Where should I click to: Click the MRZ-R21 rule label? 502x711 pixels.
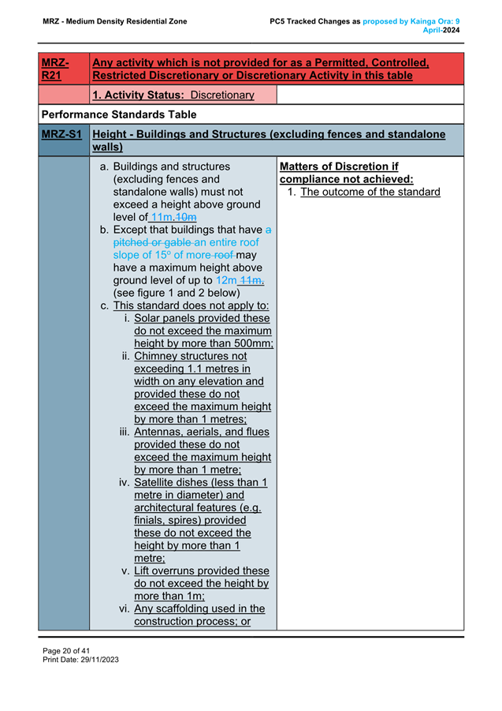pyautogui.click(x=54, y=69)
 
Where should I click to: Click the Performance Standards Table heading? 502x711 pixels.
pyautogui.click(x=119, y=114)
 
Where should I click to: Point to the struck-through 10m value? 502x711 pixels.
pyautogui.click(x=186, y=217)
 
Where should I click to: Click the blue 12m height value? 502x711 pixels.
pyautogui.click(x=226, y=280)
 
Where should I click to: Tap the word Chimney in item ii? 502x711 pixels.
pyautogui.click(x=160, y=356)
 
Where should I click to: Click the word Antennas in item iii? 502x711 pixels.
pyautogui.click(x=161, y=432)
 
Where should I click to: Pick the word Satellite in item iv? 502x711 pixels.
pyautogui.click(x=162, y=482)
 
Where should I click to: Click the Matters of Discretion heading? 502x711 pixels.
pyautogui.click(x=338, y=167)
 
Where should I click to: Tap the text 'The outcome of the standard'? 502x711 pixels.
pyautogui.click(x=370, y=192)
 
